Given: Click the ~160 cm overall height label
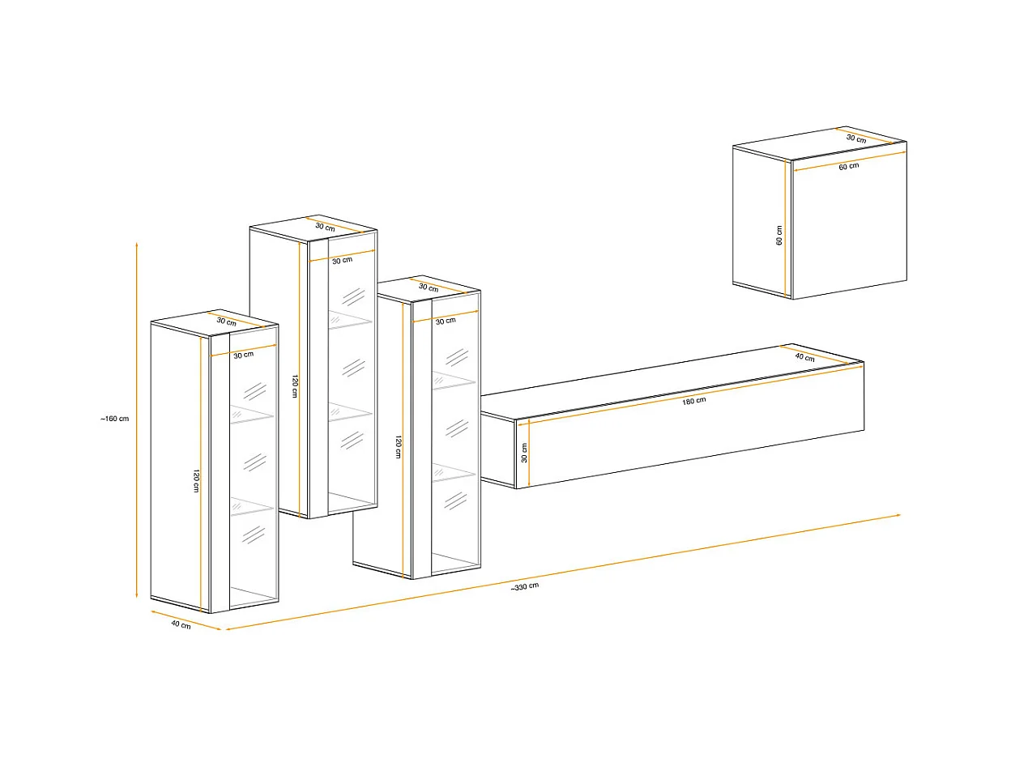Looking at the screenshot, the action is point(115,419).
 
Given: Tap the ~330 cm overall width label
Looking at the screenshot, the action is point(525,587).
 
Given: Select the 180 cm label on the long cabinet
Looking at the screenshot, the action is point(693,401).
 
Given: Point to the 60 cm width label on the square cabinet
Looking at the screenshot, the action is point(848,166).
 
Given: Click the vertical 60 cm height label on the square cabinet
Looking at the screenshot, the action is point(779,235).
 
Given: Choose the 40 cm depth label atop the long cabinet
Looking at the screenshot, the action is point(804,357).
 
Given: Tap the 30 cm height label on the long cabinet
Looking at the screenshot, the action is point(524,453).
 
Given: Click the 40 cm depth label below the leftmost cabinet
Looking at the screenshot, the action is point(181,624).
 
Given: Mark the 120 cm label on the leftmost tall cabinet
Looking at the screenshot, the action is point(196,481).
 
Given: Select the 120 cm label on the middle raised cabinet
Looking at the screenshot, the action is point(295,385).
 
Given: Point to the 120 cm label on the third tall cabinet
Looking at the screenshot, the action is point(399,446).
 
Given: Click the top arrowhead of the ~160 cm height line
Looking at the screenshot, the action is point(137,244).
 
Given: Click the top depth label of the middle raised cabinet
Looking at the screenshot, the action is point(325,227).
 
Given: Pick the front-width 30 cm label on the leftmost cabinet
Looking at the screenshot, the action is point(243,355).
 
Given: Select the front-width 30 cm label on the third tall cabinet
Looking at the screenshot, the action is point(446,321).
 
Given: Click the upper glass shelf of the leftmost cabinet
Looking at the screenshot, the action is point(252,415).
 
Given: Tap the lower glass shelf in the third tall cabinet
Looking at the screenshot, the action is point(454,474).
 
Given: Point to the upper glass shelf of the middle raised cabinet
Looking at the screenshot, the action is point(350,320).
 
